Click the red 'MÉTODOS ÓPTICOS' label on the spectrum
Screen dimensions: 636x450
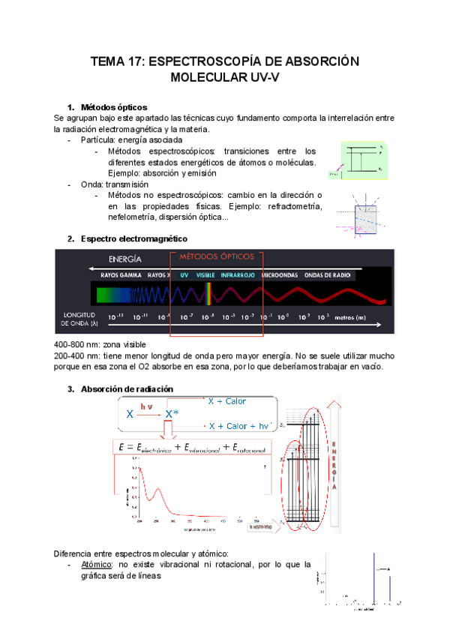click(x=217, y=256)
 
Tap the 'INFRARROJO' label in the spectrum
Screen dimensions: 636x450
click(x=238, y=275)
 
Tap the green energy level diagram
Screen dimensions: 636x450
click(x=363, y=160)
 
